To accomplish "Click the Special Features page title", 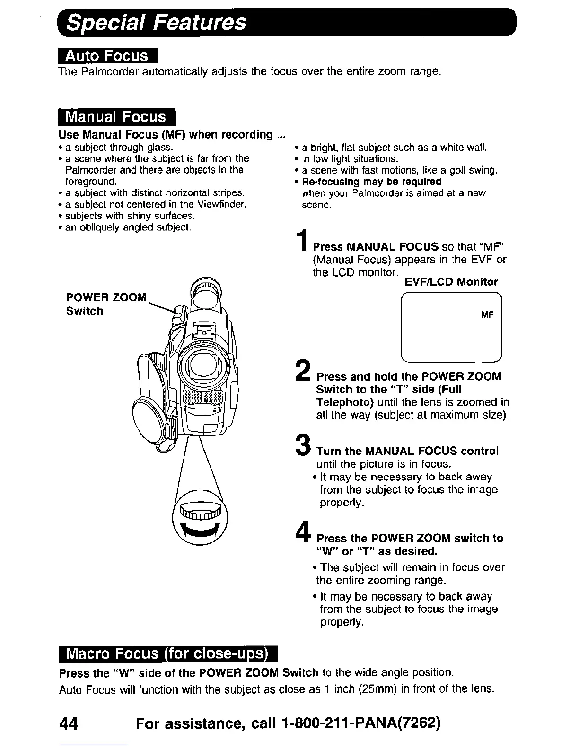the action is click(x=156, y=22).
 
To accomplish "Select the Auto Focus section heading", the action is click(x=107, y=56).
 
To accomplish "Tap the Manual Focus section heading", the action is click(x=116, y=117).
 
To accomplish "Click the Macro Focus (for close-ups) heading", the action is click(x=168, y=653).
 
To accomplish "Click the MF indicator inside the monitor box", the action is click(x=487, y=314).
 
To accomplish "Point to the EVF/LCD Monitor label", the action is click(x=451, y=282).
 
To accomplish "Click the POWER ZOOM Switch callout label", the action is click(x=106, y=304).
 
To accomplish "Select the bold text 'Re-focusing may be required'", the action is click(x=371, y=182).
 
